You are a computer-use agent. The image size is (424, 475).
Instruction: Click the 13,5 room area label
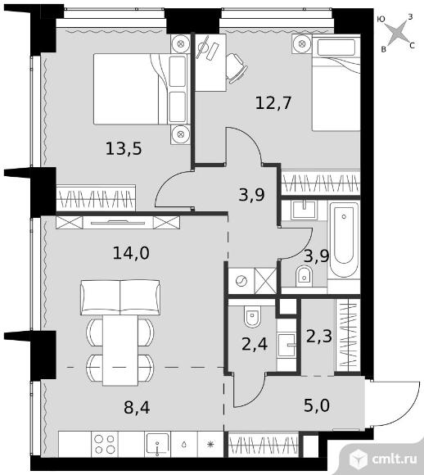(x=124, y=149)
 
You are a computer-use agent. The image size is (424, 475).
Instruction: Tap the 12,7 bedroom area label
(x=273, y=102)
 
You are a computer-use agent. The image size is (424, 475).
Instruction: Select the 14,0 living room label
(x=131, y=252)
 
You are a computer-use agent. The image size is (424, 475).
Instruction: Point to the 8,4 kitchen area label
(x=137, y=407)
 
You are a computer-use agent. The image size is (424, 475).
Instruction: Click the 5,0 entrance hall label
(x=317, y=405)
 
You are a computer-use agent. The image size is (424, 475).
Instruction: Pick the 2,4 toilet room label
(x=255, y=344)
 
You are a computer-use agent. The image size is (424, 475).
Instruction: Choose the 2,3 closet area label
(x=319, y=336)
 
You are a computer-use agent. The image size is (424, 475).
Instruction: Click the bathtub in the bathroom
(x=344, y=239)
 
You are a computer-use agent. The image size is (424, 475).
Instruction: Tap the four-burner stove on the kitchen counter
(x=105, y=444)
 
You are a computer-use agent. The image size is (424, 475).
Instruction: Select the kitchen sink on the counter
(x=157, y=444)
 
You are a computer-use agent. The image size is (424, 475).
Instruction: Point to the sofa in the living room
(x=120, y=297)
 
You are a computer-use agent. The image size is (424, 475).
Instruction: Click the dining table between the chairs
(x=120, y=351)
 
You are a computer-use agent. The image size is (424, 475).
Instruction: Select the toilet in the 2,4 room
(x=252, y=316)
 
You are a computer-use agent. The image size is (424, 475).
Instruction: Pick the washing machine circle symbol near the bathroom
(x=241, y=281)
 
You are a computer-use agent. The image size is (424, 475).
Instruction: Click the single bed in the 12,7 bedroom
(x=336, y=83)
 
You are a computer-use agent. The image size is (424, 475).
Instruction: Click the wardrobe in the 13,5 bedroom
(x=96, y=197)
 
